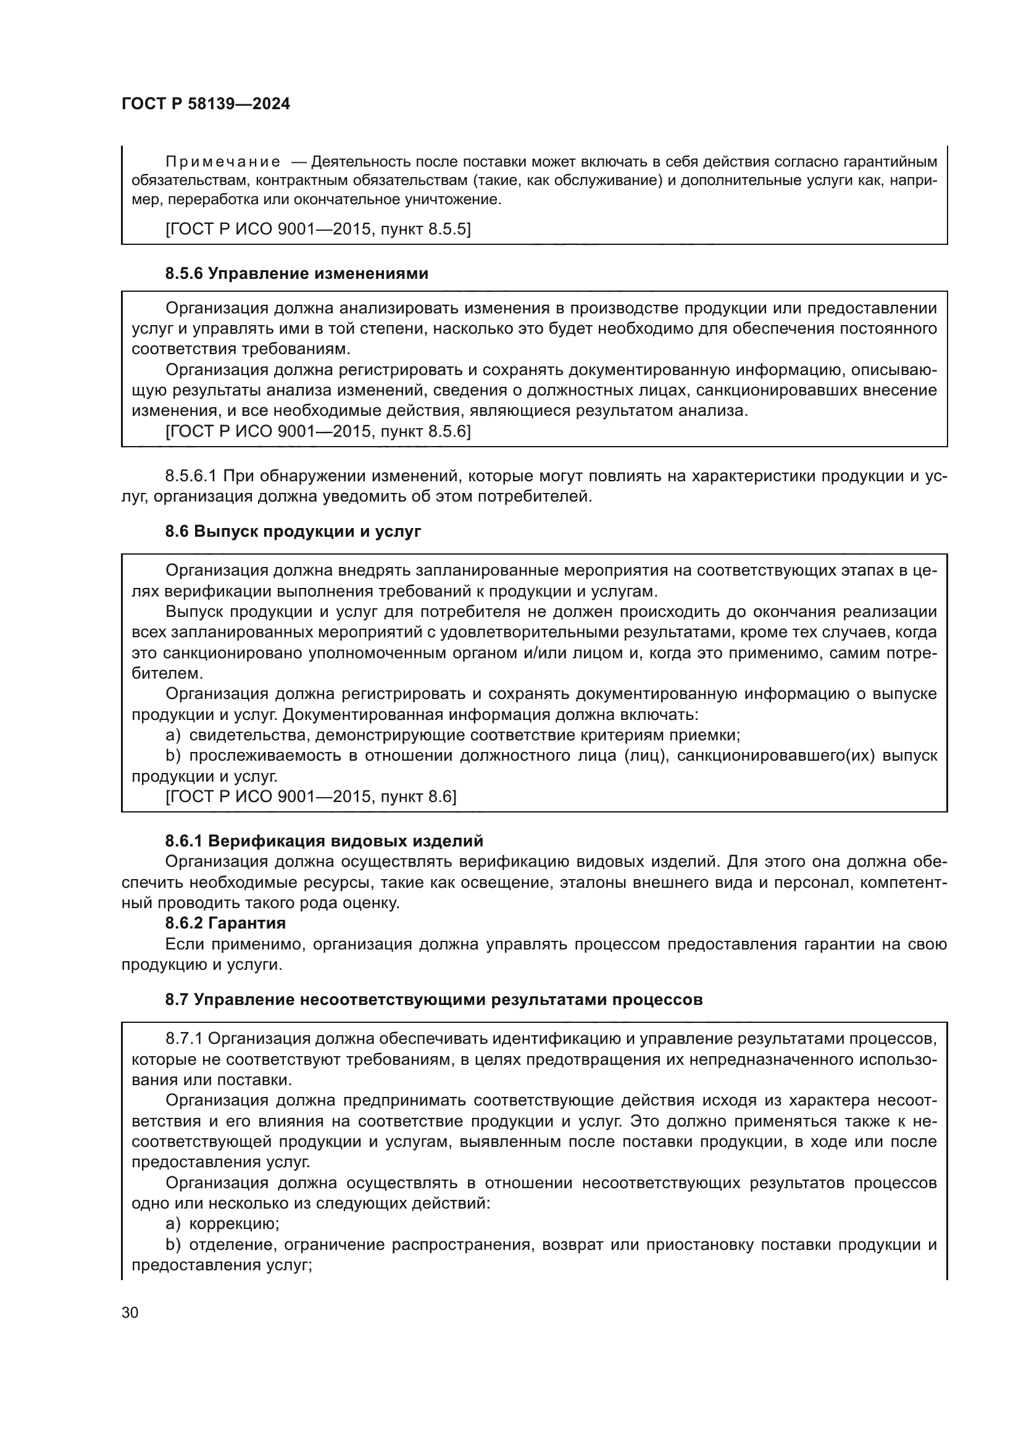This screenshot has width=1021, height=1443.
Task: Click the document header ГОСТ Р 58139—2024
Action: [x=206, y=104]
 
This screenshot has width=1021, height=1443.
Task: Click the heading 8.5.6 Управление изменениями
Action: [x=297, y=273]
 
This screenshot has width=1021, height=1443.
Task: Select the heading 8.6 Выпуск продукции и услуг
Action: [x=293, y=531]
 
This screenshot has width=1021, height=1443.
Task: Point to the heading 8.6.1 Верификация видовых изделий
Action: [x=324, y=841]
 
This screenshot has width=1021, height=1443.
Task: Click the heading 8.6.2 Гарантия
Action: [x=225, y=924]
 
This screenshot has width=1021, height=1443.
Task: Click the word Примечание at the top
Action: [x=223, y=162]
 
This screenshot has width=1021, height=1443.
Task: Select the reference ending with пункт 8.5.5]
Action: [x=317, y=229]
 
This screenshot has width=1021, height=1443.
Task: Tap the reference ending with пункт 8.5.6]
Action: [x=317, y=431]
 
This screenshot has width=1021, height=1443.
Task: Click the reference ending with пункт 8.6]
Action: [x=310, y=797]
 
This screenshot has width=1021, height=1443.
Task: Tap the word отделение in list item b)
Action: [x=232, y=1244]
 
